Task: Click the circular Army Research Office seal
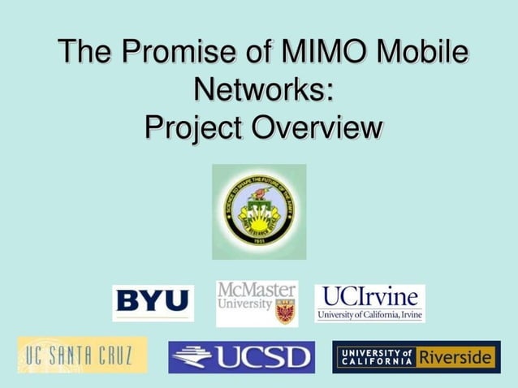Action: (259, 211)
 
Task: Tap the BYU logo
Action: (153, 303)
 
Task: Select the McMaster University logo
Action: (257, 303)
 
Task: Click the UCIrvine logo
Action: (369, 303)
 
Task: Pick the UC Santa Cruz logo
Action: (82, 355)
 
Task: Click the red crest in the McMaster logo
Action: (284, 311)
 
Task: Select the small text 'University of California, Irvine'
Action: (369, 315)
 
